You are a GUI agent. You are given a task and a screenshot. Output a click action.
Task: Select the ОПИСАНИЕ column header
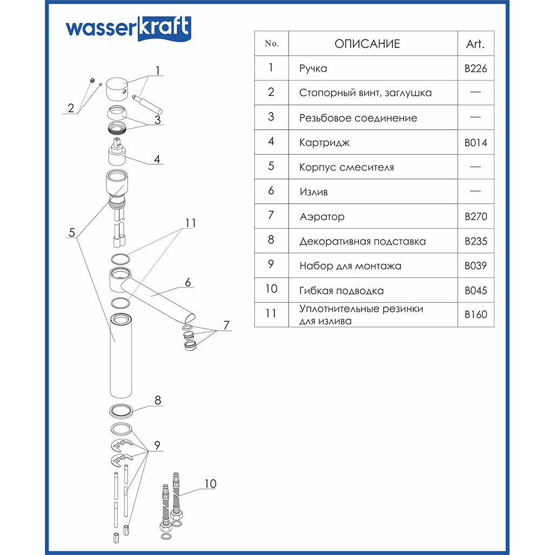click(x=367, y=44)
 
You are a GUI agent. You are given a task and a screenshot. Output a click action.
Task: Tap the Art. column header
click(x=475, y=44)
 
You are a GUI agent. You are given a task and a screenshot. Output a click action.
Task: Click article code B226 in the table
click(x=476, y=69)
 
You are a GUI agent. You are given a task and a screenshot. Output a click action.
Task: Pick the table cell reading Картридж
click(x=324, y=143)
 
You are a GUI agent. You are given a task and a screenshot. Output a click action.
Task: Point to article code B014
click(x=476, y=143)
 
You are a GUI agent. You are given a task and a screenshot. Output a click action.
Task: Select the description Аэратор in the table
click(x=322, y=217)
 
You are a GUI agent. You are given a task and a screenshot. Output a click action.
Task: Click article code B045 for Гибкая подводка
click(x=476, y=291)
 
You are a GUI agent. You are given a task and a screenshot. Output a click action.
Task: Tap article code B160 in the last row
click(x=476, y=315)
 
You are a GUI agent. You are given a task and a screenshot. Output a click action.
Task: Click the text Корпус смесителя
click(x=346, y=168)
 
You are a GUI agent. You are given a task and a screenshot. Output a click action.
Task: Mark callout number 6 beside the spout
click(x=188, y=282)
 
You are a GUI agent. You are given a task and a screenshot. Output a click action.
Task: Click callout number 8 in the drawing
click(x=158, y=400)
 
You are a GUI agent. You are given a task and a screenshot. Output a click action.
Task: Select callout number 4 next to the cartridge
click(x=157, y=159)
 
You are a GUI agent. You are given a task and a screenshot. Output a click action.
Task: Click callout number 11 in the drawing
click(x=189, y=223)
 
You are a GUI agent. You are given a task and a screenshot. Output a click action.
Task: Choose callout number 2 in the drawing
click(x=70, y=108)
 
